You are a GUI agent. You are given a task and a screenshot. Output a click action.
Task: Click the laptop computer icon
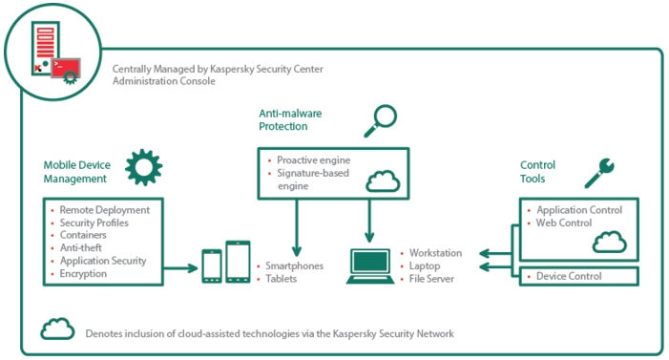368,265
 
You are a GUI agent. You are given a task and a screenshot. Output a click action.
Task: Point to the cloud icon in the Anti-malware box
382,180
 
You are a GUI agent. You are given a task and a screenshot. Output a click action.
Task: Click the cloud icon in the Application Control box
609,243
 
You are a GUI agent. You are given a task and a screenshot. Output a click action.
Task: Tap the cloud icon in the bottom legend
57,330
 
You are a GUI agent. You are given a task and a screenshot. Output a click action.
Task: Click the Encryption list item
84,273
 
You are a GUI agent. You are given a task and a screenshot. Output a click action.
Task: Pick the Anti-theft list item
82,247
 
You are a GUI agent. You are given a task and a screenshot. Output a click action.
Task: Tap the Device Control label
569,277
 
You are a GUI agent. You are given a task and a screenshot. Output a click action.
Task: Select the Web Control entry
564,222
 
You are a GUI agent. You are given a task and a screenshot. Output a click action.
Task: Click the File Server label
433,279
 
